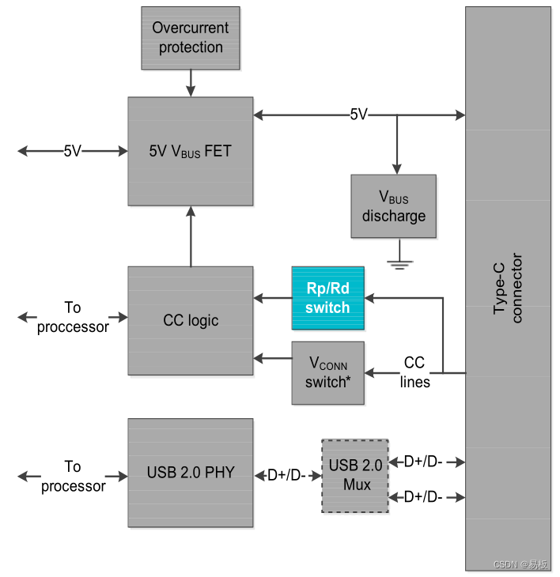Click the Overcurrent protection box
(190, 37)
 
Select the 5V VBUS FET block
(190, 151)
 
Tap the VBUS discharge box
(393, 206)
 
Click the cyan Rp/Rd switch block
(327, 298)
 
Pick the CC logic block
(190, 320)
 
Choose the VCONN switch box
(327, 373)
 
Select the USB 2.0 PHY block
(190, 473)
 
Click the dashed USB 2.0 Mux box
(354, 476)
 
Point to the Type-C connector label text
(508, 288)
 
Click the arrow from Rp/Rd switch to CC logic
(272, 298)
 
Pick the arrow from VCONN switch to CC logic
(272, 358)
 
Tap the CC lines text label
(414, 372)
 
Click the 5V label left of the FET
(73, 151)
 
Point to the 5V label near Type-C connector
(359, 115)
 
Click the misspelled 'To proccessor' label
(73, 317)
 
